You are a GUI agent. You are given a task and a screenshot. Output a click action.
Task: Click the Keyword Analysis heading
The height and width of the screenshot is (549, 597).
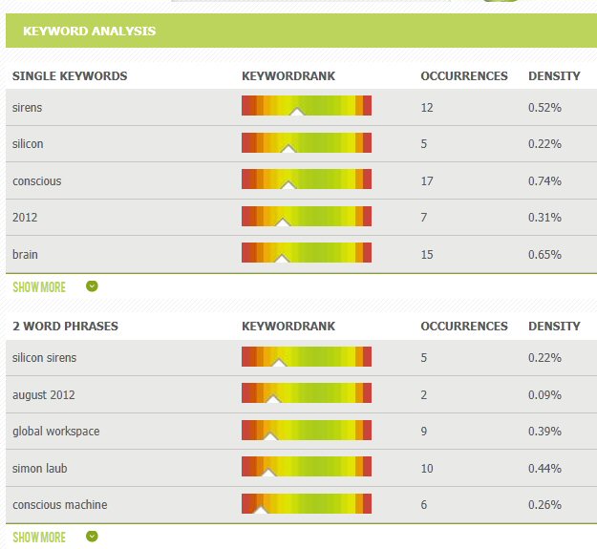(89, 32)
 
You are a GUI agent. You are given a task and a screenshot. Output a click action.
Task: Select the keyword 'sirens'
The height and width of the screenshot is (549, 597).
(28, 107)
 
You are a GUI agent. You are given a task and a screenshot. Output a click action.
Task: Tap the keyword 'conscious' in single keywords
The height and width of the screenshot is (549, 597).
(37, 180)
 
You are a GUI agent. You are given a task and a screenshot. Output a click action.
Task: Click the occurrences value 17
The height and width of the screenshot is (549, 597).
(427, 180)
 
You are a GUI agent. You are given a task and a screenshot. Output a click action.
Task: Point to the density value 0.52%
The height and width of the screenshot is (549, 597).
(544, 107)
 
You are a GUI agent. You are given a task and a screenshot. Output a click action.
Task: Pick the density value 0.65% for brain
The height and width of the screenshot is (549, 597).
(544, 254)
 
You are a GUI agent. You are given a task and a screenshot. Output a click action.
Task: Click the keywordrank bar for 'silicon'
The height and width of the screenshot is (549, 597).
(307, 143)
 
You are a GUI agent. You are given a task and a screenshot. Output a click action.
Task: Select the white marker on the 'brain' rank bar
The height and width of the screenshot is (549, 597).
(282, 258)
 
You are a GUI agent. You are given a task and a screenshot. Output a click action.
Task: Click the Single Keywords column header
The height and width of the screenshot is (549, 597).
(70, 75)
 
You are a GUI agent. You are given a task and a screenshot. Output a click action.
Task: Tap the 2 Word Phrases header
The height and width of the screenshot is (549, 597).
(65, 326)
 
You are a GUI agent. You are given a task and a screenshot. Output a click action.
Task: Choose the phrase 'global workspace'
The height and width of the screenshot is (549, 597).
(55, 431)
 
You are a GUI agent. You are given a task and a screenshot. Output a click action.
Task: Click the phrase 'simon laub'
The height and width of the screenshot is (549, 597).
(40, 468)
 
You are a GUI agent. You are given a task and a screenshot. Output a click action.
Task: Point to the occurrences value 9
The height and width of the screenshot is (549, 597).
(424, 431)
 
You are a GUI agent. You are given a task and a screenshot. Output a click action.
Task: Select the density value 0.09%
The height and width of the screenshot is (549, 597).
(544, 394)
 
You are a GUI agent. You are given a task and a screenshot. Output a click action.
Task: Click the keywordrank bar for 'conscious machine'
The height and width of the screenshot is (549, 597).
(307, 504)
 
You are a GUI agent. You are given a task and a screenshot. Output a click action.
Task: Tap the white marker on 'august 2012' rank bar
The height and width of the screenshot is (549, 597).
(272, 399)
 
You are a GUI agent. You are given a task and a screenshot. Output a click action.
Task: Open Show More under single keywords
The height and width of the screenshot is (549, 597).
(39, 286)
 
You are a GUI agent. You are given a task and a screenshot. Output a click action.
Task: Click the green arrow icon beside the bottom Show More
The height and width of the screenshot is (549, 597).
(92, 537)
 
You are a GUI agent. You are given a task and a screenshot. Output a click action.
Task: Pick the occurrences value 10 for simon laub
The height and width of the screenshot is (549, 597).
(427, 468)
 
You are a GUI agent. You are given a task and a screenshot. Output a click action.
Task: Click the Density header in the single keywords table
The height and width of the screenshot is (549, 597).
(554, 75)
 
